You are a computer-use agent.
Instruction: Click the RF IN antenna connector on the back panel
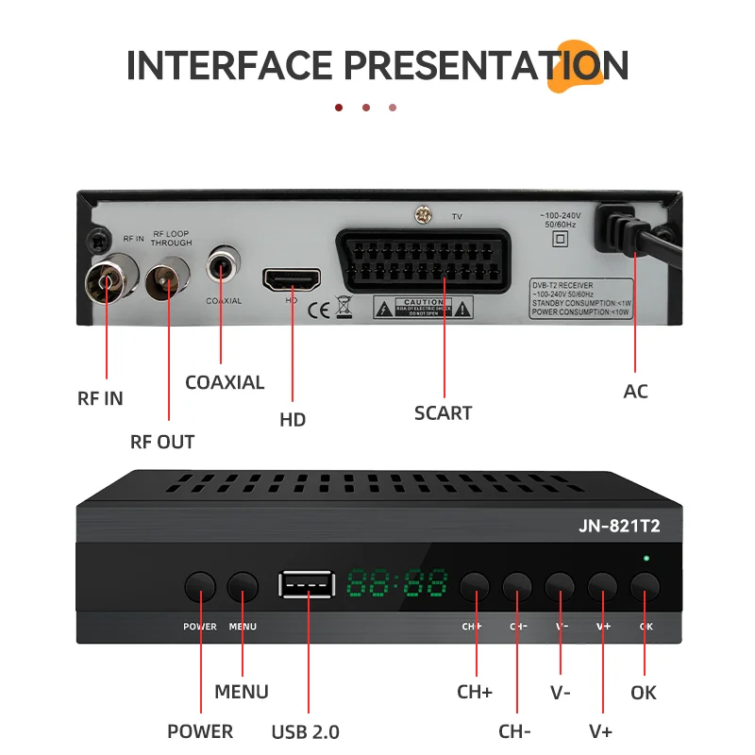[106, 279]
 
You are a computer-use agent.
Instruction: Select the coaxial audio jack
[223, 267]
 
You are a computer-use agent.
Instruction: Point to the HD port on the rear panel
[292, 279]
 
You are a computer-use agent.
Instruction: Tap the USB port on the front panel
[306, 585]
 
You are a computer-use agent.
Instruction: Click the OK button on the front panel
[645, 588]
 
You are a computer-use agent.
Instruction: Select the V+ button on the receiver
[602, 587]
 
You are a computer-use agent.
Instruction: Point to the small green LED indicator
[646, 559]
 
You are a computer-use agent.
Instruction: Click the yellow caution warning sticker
[411, 307]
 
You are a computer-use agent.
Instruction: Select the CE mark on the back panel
[319, 307]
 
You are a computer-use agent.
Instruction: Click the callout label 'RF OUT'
[162, 442]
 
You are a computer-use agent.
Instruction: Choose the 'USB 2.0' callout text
[305, 731]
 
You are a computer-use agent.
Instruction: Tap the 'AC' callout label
[636, 391]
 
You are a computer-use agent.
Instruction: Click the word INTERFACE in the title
[229, 66]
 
